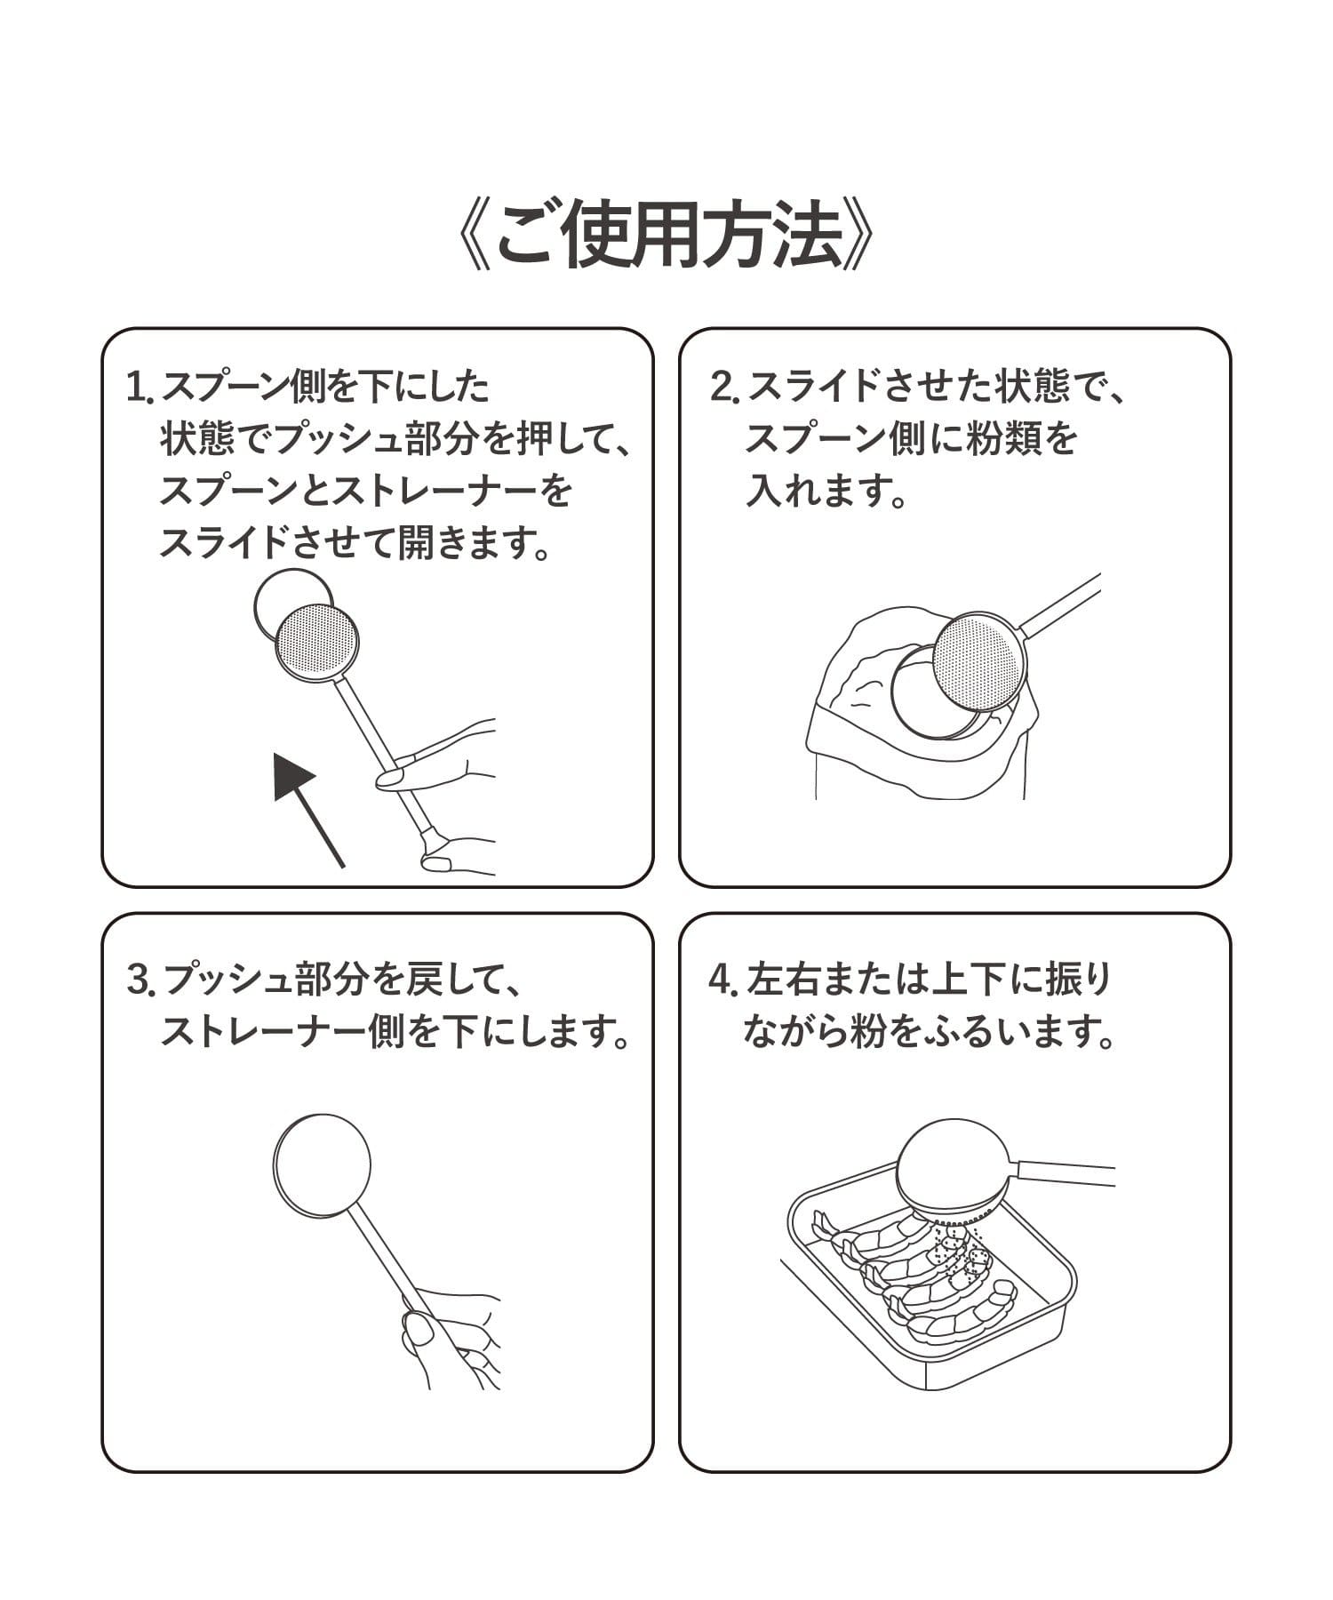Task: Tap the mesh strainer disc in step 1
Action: coord(317,642)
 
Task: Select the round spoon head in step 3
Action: coord(322,1165)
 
